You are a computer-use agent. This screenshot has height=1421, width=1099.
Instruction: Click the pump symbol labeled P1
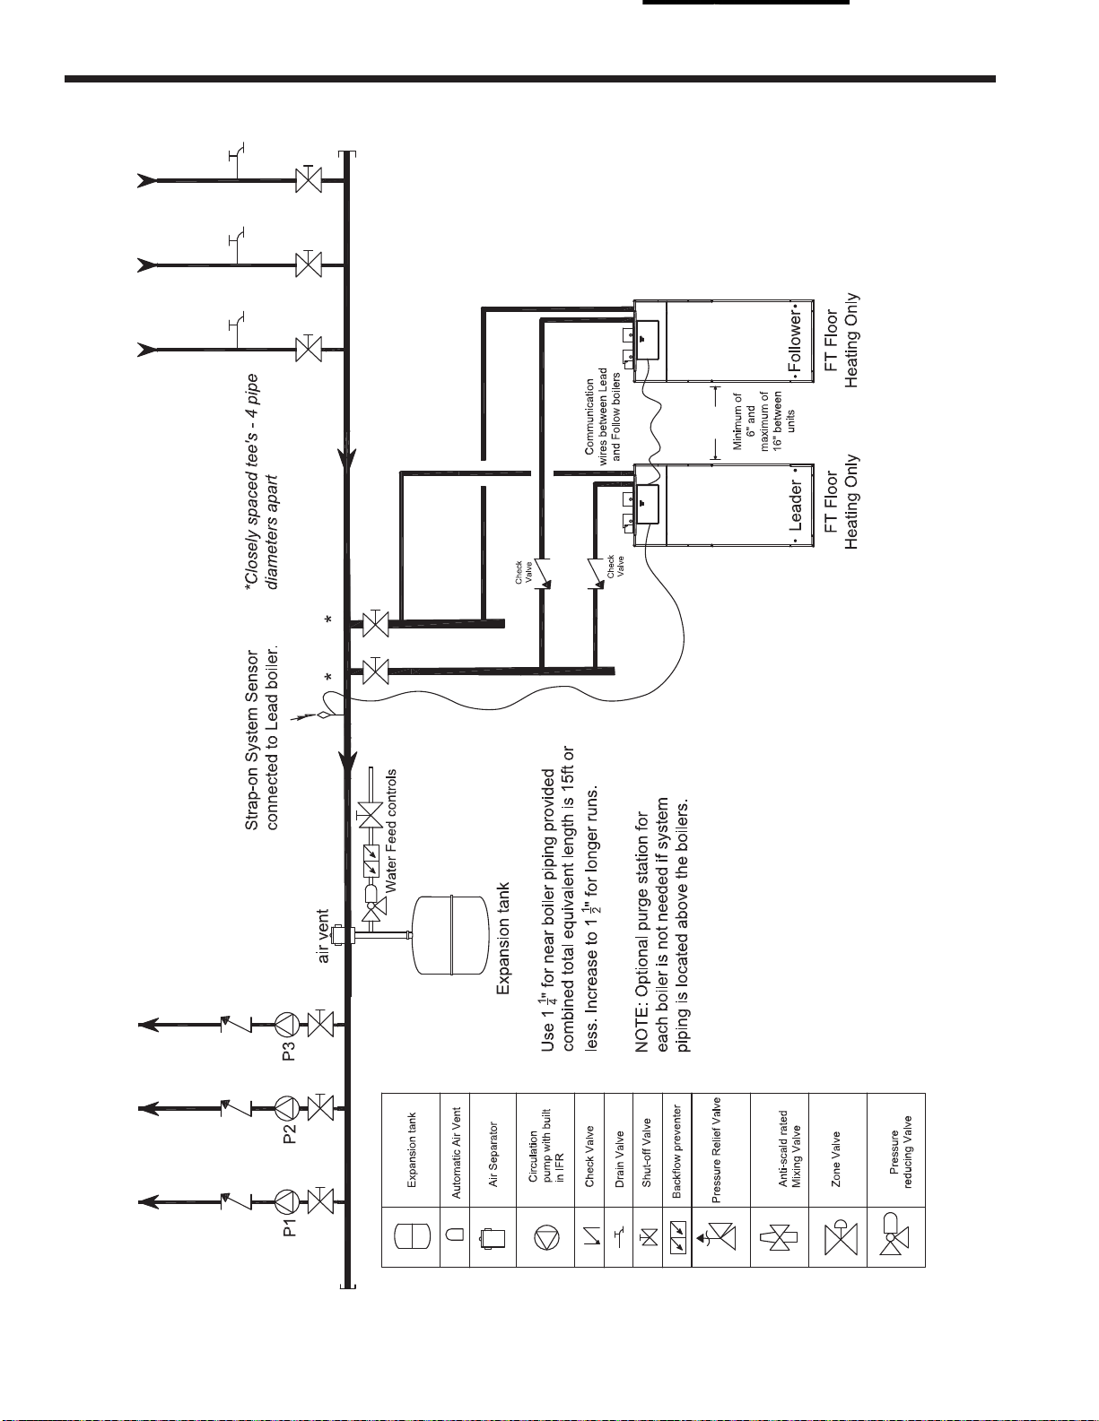click(286, 1200)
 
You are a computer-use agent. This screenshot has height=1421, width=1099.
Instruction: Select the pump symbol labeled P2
click(286, 1108)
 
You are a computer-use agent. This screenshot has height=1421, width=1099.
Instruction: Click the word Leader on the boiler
click(796, 506)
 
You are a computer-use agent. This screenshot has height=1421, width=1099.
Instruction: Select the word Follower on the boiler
click(796, 342)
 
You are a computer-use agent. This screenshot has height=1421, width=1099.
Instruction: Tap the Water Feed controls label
click(390, 830)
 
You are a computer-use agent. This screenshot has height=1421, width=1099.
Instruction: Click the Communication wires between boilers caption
click(603, 415)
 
